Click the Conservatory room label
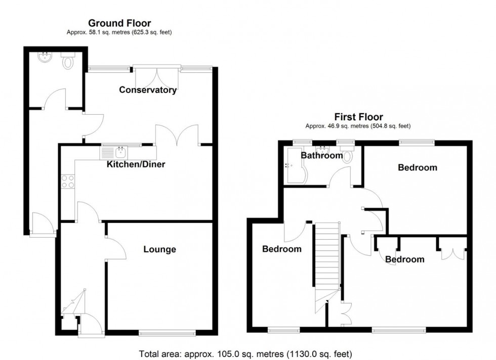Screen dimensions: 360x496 148,90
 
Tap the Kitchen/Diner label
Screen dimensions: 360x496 136,164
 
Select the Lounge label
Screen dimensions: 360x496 159,249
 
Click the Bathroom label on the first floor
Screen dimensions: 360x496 322,156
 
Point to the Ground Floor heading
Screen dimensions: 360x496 119,23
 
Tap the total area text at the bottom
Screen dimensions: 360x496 245,353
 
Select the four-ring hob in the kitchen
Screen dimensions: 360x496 67,181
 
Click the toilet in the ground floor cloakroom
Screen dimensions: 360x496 68,62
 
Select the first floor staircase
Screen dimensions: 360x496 326,263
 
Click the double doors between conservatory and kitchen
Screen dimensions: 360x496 177,135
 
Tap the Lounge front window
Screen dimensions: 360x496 167,333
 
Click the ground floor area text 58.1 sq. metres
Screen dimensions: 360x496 119,32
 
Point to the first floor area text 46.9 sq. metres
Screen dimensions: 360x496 357,126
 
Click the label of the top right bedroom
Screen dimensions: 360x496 417,168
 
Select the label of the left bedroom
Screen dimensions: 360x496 281,249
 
